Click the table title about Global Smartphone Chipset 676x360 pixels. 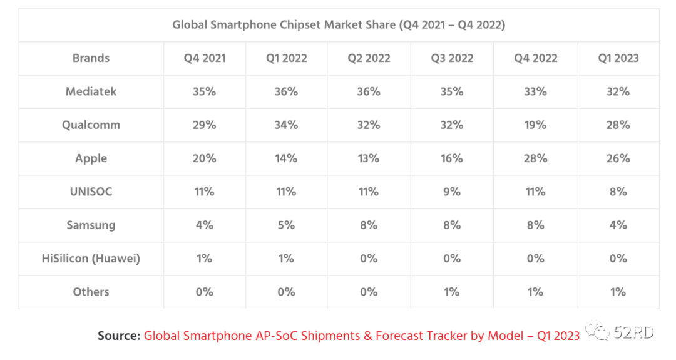pos(339,25)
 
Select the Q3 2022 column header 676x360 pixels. pos(452,58)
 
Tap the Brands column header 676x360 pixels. pos(91,58)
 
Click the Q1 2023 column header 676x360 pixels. pos(618,58)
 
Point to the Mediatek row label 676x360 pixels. pos(91,91)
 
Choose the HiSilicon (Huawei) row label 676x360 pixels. pos(91,259)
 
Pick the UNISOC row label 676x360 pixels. pos(91,192)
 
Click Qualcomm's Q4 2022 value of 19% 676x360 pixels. pos(535,125)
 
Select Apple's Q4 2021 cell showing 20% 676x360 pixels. pos(204,158)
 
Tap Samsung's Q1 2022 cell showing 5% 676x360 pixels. pos(286,225)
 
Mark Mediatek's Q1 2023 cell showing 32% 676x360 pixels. pos(618,91)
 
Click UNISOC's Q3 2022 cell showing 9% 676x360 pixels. pos(452,192)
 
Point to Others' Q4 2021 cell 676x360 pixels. pos(204,292)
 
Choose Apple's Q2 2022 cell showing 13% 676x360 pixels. pos(369,158)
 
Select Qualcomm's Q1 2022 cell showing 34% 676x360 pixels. pos(286,125)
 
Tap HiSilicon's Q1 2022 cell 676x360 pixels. pos(286,259)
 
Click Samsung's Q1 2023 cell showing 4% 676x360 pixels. pos(618,225)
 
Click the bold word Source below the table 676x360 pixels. pos(118,336)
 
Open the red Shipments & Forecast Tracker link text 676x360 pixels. pos(362,336)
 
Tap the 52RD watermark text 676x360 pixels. pos(634,333)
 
